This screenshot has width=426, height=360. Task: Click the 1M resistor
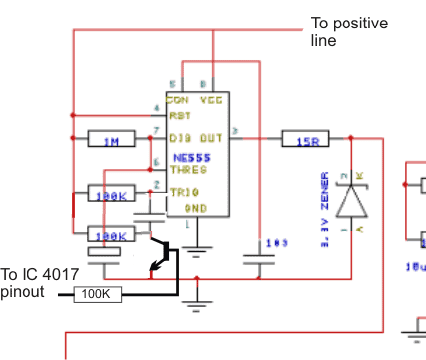coord(111,141)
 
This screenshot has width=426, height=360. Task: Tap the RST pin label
coord(178,114)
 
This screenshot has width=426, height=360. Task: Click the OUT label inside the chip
coord(211,138)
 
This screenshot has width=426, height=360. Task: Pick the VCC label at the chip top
coord(210,100)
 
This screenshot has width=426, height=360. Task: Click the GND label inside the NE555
coord(196,208)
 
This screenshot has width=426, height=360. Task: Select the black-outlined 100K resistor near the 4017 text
coord(96,293)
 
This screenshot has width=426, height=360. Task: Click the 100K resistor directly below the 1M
coord(111,194)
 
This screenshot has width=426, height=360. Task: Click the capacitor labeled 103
coord(258,260)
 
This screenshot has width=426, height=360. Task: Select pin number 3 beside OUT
coord(234,130)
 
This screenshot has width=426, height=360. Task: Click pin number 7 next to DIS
coord(157,131)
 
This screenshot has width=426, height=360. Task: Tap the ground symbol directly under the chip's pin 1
coord(197,252)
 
